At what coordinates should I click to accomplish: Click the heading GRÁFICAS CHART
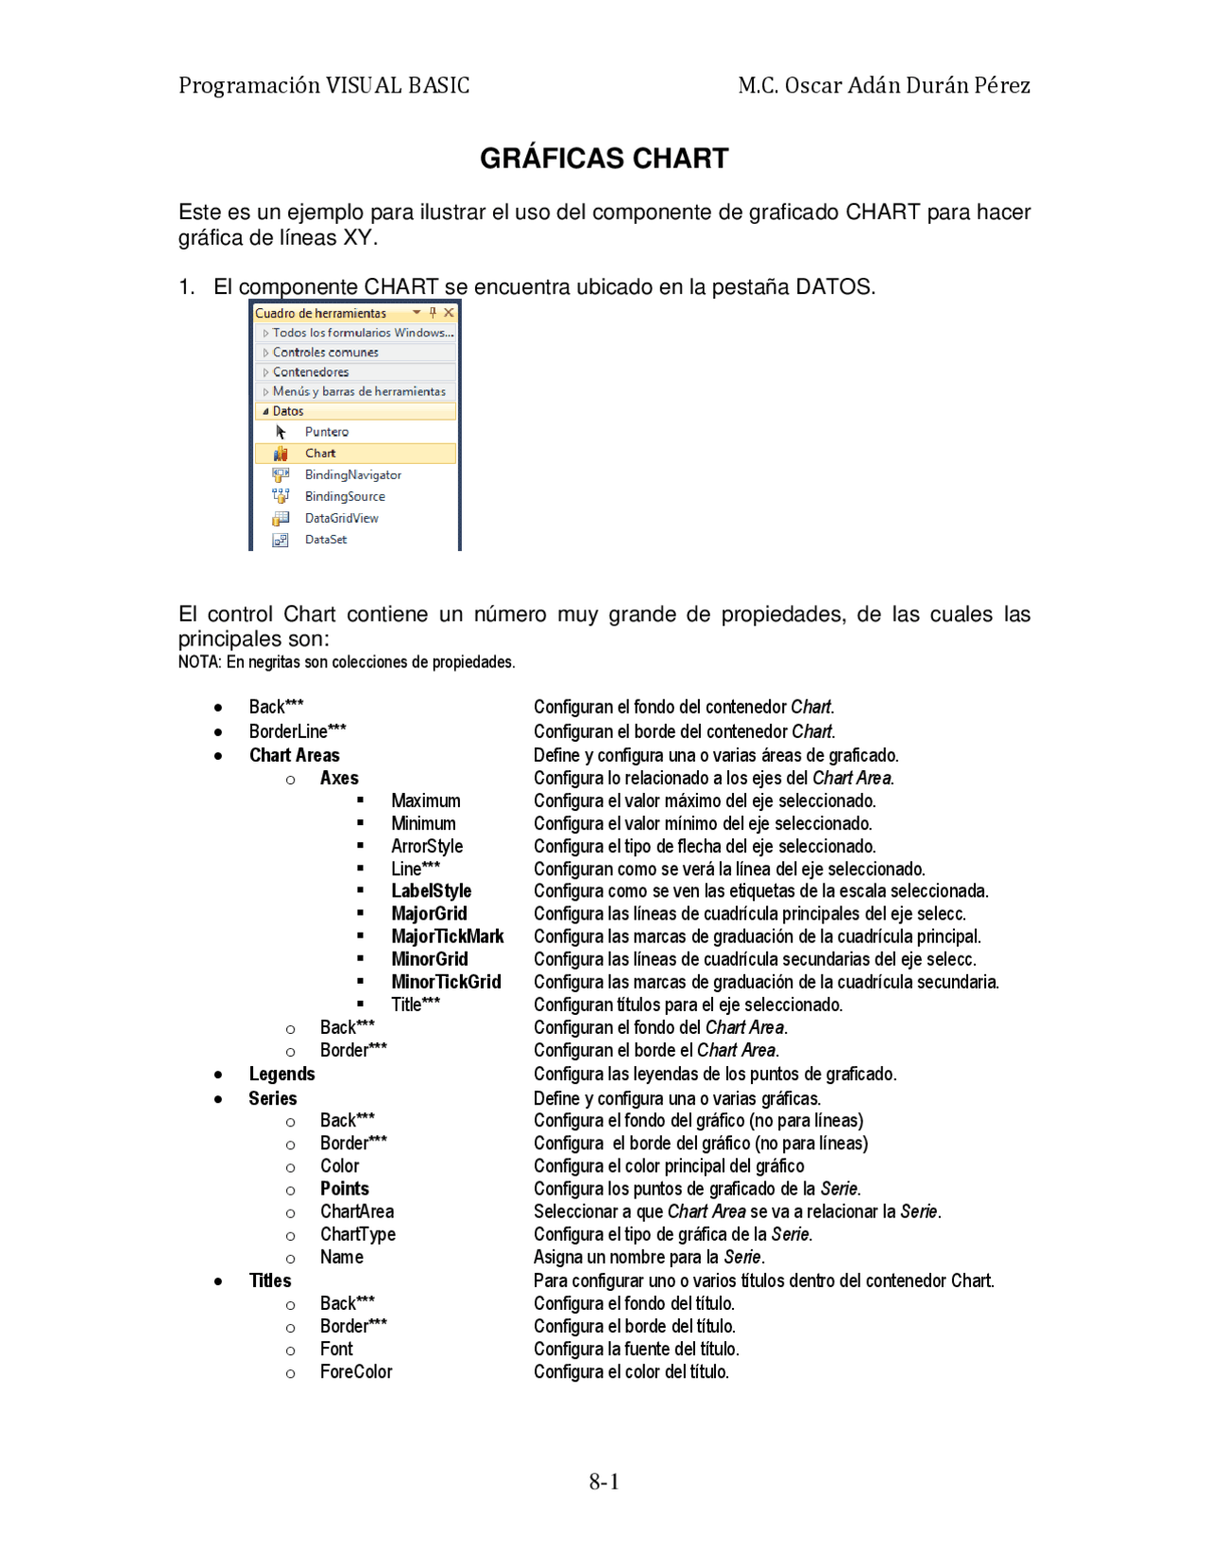click(x=604, y=158)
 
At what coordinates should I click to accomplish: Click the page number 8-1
click(x=604, y=1481)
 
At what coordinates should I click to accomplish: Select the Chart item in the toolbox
click(x=320, y=454)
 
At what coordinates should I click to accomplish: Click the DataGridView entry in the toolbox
click(x=341, y=518)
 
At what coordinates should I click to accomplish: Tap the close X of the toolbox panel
click(x=449, y=313)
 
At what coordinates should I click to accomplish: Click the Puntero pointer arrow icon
click(x=281, y=432)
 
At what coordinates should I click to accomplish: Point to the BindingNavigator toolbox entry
click(x=352, y=474)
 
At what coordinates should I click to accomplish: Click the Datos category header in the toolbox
click(x=288, y=411)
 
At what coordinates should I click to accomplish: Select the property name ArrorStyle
click(x=427, y=846)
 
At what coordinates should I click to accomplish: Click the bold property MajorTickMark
click(x=447, y=937)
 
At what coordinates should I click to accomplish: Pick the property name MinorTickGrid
click(x=446, y=982)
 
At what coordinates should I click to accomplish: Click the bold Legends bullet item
click(x=281, y=1074)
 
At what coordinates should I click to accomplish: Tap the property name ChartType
click(x=357, y=1234)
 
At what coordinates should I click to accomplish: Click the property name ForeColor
click(x=355, y=1371)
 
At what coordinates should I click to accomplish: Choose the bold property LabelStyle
click(x=431, y=891)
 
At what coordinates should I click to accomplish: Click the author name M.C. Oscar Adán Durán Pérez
click(x=883, y=85)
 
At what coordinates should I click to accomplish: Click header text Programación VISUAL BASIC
click(x=324, y=85)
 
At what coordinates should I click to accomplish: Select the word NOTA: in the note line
click(x=199, y=662)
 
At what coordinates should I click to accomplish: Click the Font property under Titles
click(x=336, y=1349)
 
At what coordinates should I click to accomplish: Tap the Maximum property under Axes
click(x=425, y=800)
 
